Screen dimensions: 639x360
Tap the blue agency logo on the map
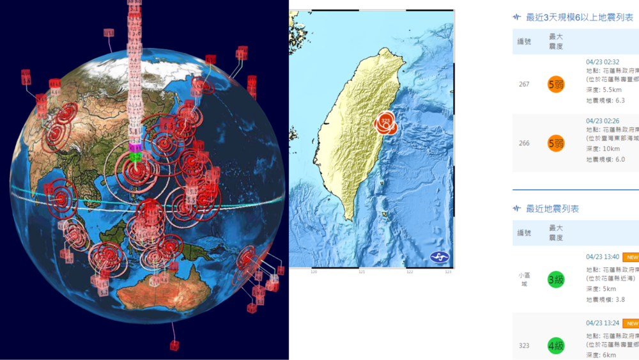click(440, 257)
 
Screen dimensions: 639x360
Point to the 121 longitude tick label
click(362, 272)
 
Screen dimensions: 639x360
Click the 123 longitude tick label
click(448, 272)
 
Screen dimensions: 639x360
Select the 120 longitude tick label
click(314, 272)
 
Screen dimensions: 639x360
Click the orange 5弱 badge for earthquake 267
click(556, 84)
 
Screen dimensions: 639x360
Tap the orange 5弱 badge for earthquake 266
click(556, 143)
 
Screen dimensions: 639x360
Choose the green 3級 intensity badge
click(556, 279)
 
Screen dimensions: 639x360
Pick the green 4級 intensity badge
click(556, 346)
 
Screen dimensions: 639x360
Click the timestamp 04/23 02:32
click(603, 62)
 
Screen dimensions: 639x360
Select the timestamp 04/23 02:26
click(603, 120)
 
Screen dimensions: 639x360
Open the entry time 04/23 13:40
click(603, 257)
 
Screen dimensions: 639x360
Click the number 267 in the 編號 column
click(524, 84)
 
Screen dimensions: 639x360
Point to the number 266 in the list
click(524, 143)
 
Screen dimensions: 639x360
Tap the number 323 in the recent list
click(524, 346)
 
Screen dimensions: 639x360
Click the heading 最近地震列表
click(552, 209)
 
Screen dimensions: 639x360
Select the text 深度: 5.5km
click(604, 90)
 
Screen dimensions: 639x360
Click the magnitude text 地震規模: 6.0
click(605, 159)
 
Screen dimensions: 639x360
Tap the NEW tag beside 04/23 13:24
click(631, 324)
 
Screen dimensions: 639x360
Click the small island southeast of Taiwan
click(385, 215)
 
